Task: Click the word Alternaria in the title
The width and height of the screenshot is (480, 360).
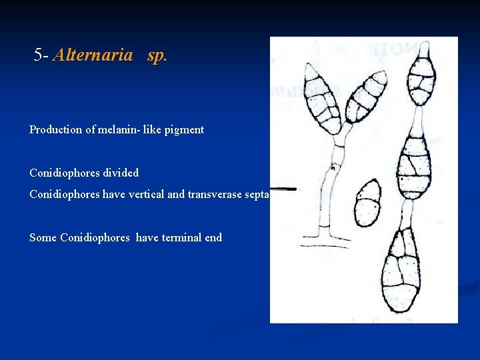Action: click(92, 55)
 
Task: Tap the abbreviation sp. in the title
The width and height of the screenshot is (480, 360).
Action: click(157, 55)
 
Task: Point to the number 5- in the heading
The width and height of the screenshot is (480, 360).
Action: click(41, 55)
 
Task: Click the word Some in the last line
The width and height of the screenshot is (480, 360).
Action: click(43, 237)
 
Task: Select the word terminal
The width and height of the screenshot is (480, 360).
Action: click(179, 237)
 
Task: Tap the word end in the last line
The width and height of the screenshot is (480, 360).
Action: click(212, 237)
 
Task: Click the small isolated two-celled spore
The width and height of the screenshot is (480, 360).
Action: click(367, 203)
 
